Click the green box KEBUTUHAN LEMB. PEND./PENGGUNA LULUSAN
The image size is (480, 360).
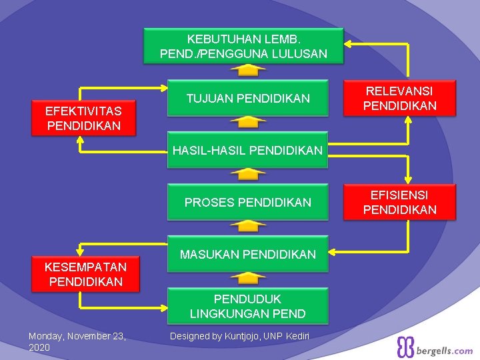(243, 46)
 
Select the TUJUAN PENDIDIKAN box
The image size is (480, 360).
(248, 99)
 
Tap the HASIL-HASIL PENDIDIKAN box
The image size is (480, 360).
(247, 151)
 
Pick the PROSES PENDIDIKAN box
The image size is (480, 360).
(248, 202)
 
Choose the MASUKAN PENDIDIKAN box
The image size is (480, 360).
(248, 254)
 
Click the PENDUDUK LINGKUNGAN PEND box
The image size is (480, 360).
(248, 306)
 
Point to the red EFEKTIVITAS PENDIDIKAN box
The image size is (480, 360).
(84, 118)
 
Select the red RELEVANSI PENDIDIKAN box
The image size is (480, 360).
(399, 98)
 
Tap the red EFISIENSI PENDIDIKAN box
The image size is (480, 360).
(399, 202)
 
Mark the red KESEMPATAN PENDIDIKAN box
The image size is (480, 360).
(85, 274)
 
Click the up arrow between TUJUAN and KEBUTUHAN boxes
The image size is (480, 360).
(248, 70)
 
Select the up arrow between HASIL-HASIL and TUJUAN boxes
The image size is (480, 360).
(248, 122)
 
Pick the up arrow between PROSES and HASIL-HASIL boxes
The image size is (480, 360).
(248, 174)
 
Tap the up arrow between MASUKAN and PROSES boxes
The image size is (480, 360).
(248, 225)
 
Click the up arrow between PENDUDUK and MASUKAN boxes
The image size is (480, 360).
(248, 277)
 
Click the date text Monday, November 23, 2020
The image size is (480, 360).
(77, 341)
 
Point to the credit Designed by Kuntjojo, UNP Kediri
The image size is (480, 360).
(239, 336)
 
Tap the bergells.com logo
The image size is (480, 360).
(435, 348)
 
